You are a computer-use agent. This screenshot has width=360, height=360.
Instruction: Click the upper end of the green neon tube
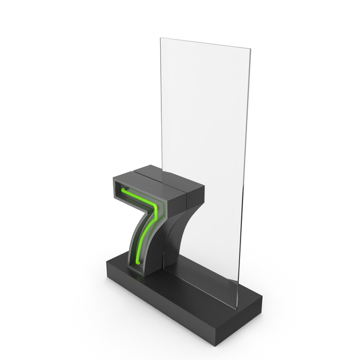[x=124, y=190]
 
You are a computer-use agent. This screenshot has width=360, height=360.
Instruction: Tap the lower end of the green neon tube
[x=138, y=262]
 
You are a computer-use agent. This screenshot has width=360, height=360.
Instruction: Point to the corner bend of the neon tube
[x=155, y=206]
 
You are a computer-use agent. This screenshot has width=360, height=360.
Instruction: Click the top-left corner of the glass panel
[x=160, y=38]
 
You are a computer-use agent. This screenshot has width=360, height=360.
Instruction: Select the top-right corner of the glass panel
[x=250, y=49]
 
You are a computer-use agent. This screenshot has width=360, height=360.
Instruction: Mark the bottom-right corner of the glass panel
[x=236, y=308]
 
